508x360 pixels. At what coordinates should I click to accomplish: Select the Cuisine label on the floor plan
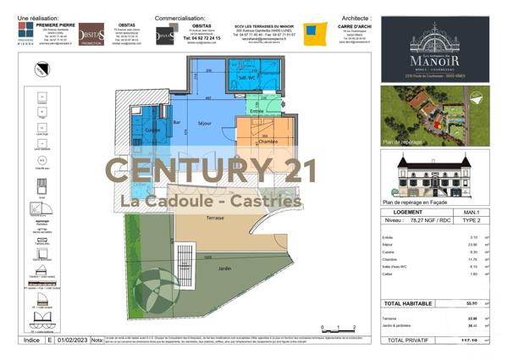pyautogui.click(x=152, y=130)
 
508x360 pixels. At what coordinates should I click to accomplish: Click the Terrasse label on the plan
pyautogui.click(x=215, y=218)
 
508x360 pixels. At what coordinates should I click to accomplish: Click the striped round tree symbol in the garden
pyautogui.click(x=154, y=286)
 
